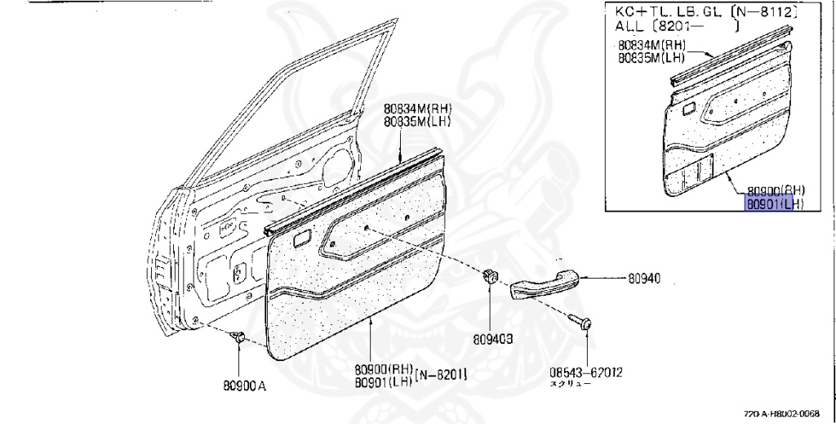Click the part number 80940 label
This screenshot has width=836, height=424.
click(x=644, y=279)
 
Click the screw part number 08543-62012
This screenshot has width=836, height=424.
click(x=585, y=373)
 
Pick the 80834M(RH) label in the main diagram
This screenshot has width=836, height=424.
click(x=418, y=110)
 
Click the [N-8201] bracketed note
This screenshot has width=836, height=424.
click(x=441, y=375)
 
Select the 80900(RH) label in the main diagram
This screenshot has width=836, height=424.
click(x=383, y=368)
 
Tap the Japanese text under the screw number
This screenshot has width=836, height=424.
click(x=568, y=384)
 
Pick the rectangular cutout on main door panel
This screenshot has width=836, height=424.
click(x=300, y=239)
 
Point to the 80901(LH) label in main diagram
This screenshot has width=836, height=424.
click(x=383, y=381)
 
